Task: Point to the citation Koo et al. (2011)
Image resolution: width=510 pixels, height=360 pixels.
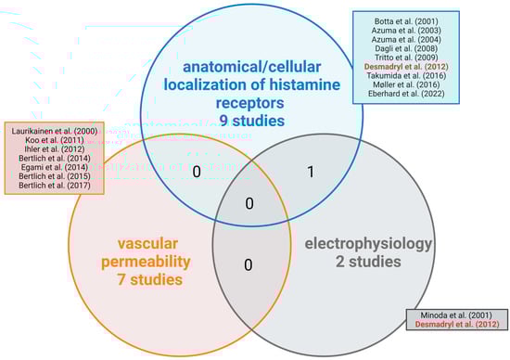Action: click(x=54, y=140)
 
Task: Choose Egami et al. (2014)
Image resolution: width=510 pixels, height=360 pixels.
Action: click(x=54, y=163)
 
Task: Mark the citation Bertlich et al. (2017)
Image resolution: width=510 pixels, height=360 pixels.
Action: click(x=54, y=186)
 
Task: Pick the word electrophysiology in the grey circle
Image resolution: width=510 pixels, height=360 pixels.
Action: click(x=369, y=244)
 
